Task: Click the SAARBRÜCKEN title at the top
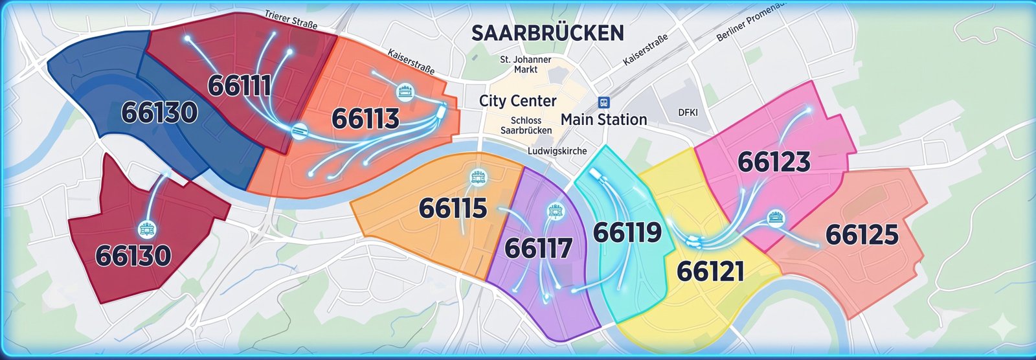click(x=547, y=33)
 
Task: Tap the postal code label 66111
click(x=240, y=85)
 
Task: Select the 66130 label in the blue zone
click(x=159, y=113)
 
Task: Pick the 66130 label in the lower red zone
click(x=133, y=256)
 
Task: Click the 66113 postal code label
click(x=365, y=119)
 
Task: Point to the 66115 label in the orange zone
click(x=453, y=208)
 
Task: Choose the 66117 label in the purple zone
click(x=538, y=249)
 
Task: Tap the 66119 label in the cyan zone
click(x=627, y=232)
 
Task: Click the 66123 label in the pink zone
click(x=774, y=162)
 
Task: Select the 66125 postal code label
click(x=862, y=234)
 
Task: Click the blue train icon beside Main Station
click(x=604, y=102)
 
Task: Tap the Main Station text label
click(x=603, y=120)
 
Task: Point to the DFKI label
click(x=688, y=113)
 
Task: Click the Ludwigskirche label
click(x=557, y=151)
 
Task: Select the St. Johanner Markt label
click(x=526, y=64)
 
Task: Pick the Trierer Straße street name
click(x=291, y=19)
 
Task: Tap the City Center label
click(x=517, y=101)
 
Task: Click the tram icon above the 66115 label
click(x=479, y=176)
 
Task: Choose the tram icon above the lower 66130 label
click(x=148, y=229)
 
